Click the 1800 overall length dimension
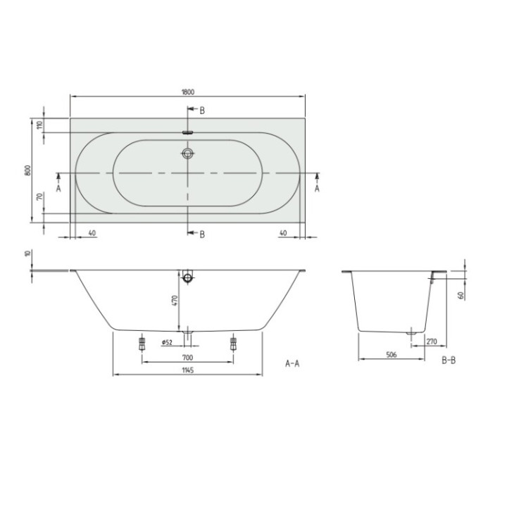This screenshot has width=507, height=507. tap(187, 91)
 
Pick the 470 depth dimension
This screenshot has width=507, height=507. tap(176, 301)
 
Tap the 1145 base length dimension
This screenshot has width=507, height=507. tap(187, 370)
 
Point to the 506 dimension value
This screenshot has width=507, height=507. tap(392, 356)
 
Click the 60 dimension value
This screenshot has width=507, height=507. tap(461, 295)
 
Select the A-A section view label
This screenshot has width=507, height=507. tap(293, 363)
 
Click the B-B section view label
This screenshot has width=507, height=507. tap(449, 361)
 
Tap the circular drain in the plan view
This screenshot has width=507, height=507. tap(187, 154)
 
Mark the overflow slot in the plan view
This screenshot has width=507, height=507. tap(187, 131)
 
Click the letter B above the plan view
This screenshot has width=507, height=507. tap(201, 110)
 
